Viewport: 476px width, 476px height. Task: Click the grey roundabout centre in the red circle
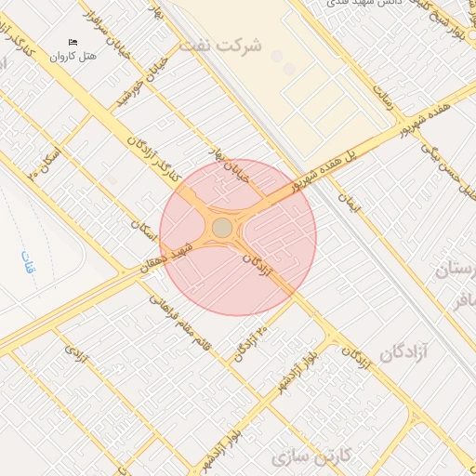tap(222, 228)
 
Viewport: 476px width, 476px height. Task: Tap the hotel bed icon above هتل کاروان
tap(73, 43)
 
